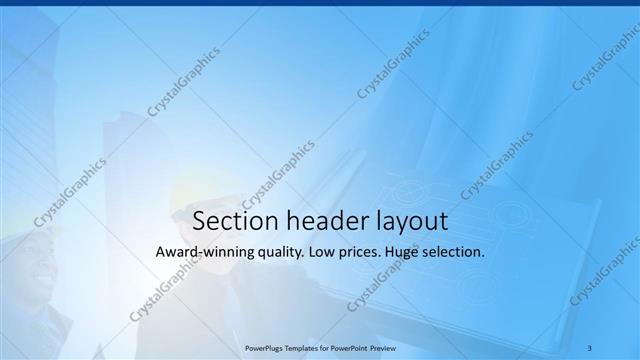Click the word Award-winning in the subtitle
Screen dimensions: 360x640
[x=205, y=253]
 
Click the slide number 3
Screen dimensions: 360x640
[x=590, y=347]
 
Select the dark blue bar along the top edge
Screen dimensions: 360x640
[x=320, y=3]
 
